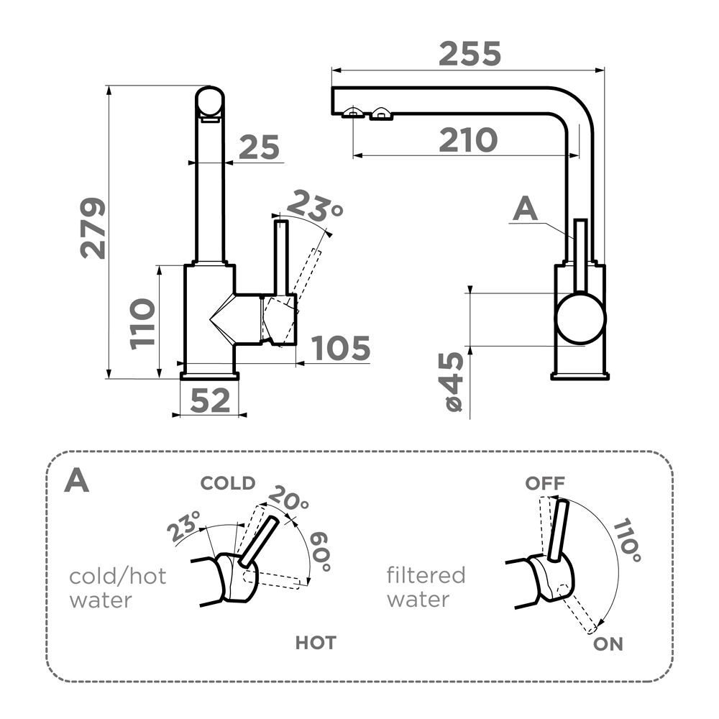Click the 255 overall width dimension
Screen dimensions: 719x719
470,54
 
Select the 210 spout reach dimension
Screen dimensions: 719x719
468,140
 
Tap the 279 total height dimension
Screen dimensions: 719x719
93,228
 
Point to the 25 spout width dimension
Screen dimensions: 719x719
259,148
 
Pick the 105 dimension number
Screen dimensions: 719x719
342,349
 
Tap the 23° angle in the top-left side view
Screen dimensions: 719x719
313,207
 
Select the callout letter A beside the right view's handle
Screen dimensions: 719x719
526,209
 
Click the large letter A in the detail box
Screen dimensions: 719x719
76,481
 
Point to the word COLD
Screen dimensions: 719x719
227,483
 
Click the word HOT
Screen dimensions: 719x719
316,642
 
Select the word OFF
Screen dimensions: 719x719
545,483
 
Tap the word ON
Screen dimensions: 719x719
608,644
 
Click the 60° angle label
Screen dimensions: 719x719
321,552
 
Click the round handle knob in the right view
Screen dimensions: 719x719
580,318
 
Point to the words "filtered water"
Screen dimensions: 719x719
426,587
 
